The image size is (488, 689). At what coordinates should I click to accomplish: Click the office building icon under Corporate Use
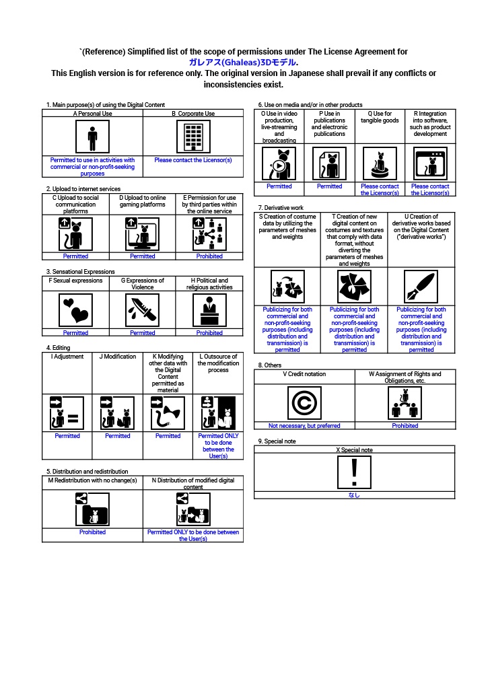pyautogui.click(x=193, y=138)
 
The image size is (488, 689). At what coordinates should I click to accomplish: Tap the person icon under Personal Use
pyautogui.click(x=92, y=138)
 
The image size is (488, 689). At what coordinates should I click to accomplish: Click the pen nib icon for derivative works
pyautogui.click(x=421, y=287)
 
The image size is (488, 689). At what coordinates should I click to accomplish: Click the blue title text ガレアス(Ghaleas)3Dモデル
pyautogui.click(x=244, y=62)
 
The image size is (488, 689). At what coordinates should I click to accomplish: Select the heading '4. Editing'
pyautogui.click(x=59, y=348)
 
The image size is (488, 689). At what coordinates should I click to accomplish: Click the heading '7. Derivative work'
pyautogui.click(x=281, y=207)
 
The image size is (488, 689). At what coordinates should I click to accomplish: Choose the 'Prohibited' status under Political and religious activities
pyautogui.click(x=209, y=332)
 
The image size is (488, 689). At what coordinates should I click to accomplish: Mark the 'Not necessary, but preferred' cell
pyautogui.click(x=304, y=425)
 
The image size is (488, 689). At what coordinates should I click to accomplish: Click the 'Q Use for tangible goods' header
pyautogui.click(x=380, y=118)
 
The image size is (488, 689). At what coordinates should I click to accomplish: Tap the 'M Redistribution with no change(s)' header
pyautogui.click(x=92, y=480)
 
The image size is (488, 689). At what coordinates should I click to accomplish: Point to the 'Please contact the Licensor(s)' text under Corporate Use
pyautogui.click(x=193, y=160)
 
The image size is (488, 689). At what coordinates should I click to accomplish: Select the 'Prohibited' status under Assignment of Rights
pyautogui.click(x=405, y=425)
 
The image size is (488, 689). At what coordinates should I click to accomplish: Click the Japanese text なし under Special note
pyautogui.click(x=354, y=495)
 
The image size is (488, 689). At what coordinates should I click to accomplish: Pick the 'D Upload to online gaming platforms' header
pyautogui.click(x=142, y=201)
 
